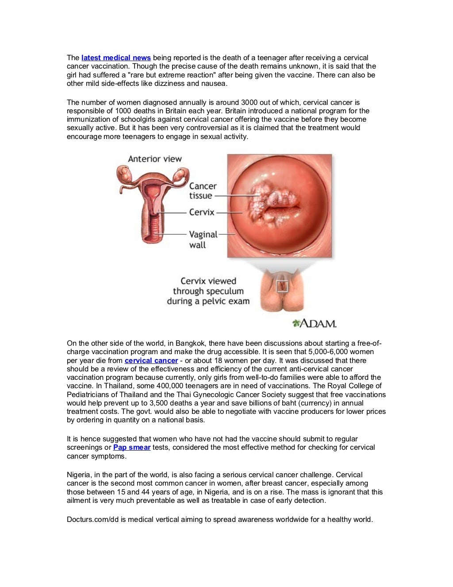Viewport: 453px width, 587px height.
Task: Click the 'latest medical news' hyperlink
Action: [x=116, y=58]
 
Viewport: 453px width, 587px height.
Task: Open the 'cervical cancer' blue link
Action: [x=151, y=360]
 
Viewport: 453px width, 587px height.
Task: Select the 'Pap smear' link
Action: [x=132, y=447]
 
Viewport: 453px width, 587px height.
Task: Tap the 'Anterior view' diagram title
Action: [x=155, y=159]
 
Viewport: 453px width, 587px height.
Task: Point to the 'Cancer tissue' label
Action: [x=203, y=191]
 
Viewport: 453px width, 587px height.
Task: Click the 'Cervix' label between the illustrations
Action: [x=202, y=212]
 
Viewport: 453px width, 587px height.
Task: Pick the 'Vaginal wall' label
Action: [x=203, y=239]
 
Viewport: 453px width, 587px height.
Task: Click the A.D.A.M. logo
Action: [x=315, y=323]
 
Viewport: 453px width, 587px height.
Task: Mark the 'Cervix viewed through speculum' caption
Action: [x=208, y=291]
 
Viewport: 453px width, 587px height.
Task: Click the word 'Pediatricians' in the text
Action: [x=88, y=394]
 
